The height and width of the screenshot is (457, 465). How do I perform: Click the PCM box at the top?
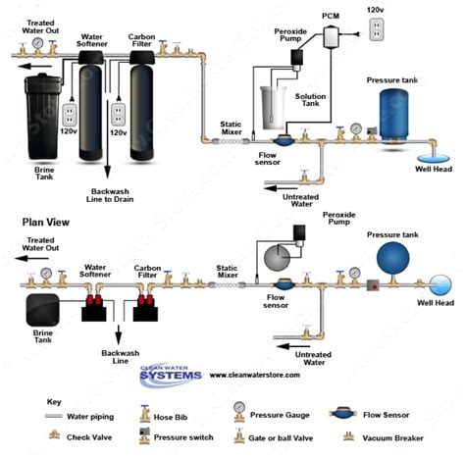[331, 37]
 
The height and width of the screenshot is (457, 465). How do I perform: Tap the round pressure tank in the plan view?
[392, 258]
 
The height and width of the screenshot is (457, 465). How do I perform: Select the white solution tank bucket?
[274, 108]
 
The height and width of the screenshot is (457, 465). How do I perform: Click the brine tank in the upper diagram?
[43, 117]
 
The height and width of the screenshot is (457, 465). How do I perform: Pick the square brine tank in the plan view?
[42, 310]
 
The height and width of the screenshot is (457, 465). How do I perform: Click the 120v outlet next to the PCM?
[377, 29]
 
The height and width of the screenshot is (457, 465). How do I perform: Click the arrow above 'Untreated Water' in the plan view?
[293, 346]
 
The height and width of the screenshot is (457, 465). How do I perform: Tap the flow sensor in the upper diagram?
[284, 140]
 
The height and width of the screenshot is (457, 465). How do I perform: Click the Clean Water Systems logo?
[171, 375]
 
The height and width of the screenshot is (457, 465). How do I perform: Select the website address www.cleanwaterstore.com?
[255, 375]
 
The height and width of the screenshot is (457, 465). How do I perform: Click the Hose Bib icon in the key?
[144, 414]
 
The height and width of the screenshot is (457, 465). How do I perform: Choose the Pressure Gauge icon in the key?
[239, 412]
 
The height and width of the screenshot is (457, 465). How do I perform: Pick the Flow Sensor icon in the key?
[342, 414]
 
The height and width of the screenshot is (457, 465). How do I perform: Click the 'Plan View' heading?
[46, 223]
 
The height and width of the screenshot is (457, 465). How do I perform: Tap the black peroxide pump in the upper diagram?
[297, 58]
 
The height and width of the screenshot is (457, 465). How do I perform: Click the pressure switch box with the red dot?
[373, 286]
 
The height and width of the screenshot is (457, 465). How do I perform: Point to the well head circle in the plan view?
[440, 285]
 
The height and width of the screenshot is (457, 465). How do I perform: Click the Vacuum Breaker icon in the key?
[348, 436]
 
